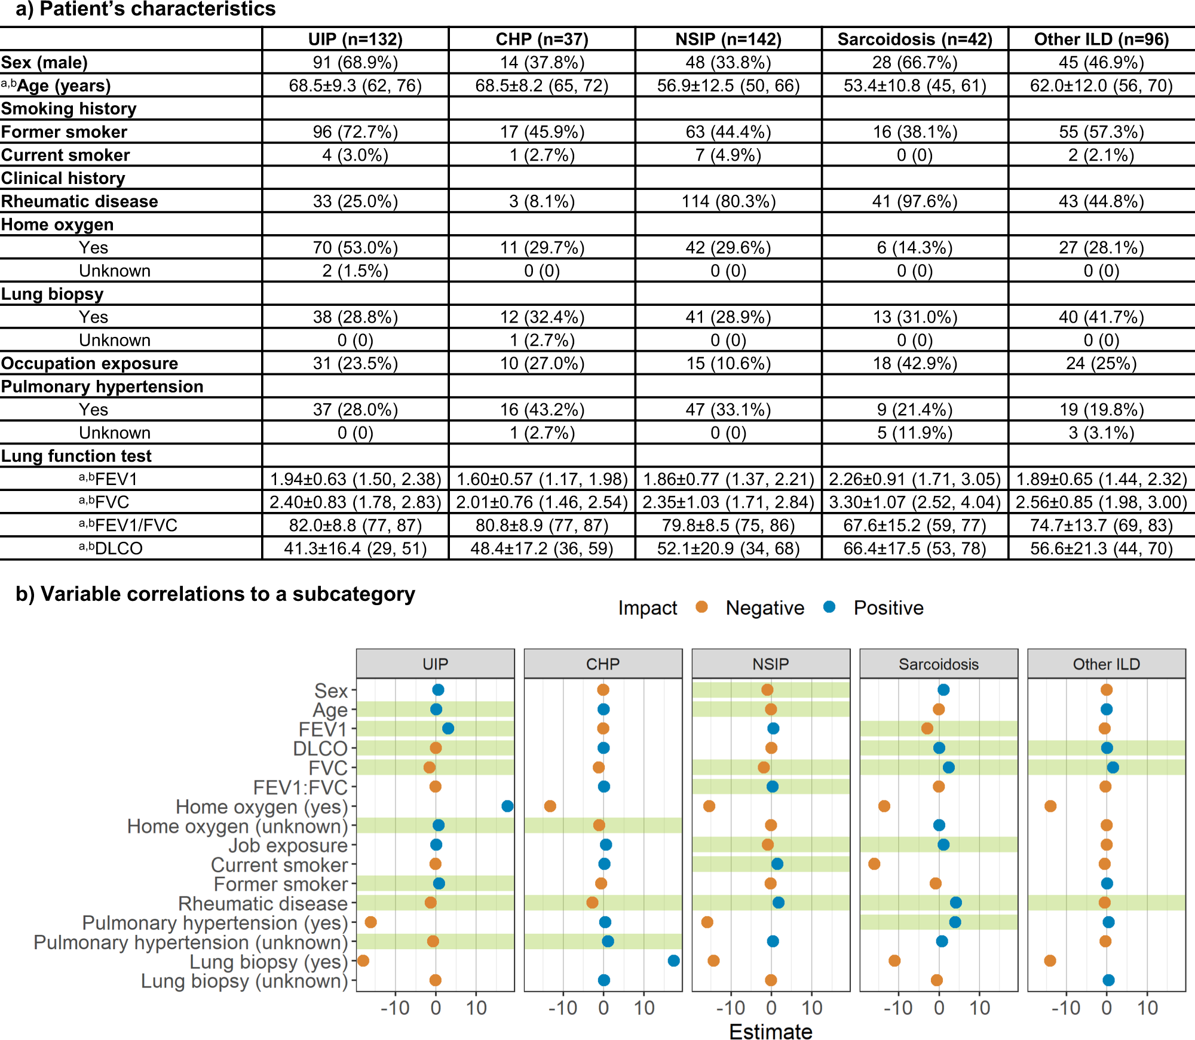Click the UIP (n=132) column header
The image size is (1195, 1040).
tap(356, 39)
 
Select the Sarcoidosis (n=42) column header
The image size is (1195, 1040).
tap(915, 39)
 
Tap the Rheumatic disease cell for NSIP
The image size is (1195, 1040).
tap(728, 201)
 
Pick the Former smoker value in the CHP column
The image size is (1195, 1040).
tap(542, 132)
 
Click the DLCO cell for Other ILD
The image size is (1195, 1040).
tap(1101, 548)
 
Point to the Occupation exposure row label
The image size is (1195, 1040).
tap(90, 363)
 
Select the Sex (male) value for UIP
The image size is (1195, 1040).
tap(356, 63)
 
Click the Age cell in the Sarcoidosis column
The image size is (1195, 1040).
tap(915, 85)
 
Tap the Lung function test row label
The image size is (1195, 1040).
tap(76, 456)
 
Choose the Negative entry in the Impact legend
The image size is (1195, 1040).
tap(764, 608)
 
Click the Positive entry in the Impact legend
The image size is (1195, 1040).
tap(888, 608)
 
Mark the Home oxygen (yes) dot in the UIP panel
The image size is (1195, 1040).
tap(507, 806)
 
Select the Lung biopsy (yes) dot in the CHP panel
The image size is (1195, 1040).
tap(673, 961)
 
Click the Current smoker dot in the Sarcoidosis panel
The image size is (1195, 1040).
tap(874, 864)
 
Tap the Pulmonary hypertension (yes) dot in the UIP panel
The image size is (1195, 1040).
tap(370, 922)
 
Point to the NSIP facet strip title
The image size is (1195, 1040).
tap(771, 664)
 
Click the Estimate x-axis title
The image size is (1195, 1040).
tap(771, 1032)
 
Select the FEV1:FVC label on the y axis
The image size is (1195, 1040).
tap(300, 787)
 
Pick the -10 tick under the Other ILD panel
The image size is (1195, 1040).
tap(1066, 1008)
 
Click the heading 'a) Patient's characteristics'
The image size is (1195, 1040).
tap(146, 10)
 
